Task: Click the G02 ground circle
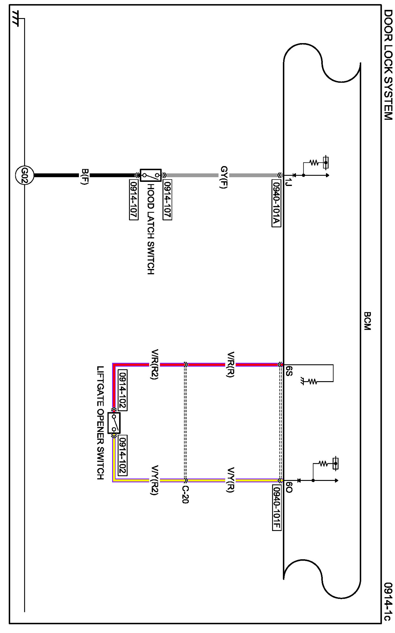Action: tap(24, 175)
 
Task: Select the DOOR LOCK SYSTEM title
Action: tap(388, 65)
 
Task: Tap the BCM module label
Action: tap(367, 321)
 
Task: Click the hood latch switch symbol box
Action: tap(151, 175)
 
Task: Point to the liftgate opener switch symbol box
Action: tap(114, 423)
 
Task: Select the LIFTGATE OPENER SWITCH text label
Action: tap(100, 423)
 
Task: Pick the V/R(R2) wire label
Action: tap(155, 364)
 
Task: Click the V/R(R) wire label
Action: tap(231, 364)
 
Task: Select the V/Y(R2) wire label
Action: tap(155, 480)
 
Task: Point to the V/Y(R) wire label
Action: tap(231, 480)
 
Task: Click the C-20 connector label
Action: tap(185, 495)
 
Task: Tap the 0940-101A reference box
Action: tap(276, 203)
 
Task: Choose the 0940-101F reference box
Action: tap(277, 508)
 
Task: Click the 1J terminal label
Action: tap(288, 182)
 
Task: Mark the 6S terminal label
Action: tap(289, 371)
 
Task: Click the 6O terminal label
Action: tap(289, 487)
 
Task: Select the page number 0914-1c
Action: tap(388, 601)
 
